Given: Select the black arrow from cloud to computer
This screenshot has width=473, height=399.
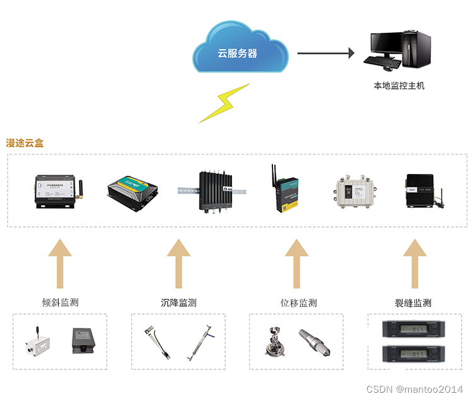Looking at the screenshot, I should pos(325,53).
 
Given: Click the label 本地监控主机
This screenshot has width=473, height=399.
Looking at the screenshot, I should pos(399,85).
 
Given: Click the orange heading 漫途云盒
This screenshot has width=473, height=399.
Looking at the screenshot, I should pos(25,143).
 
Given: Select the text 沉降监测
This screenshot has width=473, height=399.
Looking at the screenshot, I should pos(178,303).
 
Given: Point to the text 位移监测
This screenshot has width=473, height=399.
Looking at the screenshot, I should pos(298,303).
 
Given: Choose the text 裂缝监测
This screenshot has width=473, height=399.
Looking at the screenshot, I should pos(414,303).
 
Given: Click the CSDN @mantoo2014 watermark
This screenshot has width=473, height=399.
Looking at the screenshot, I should pos(418,390).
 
